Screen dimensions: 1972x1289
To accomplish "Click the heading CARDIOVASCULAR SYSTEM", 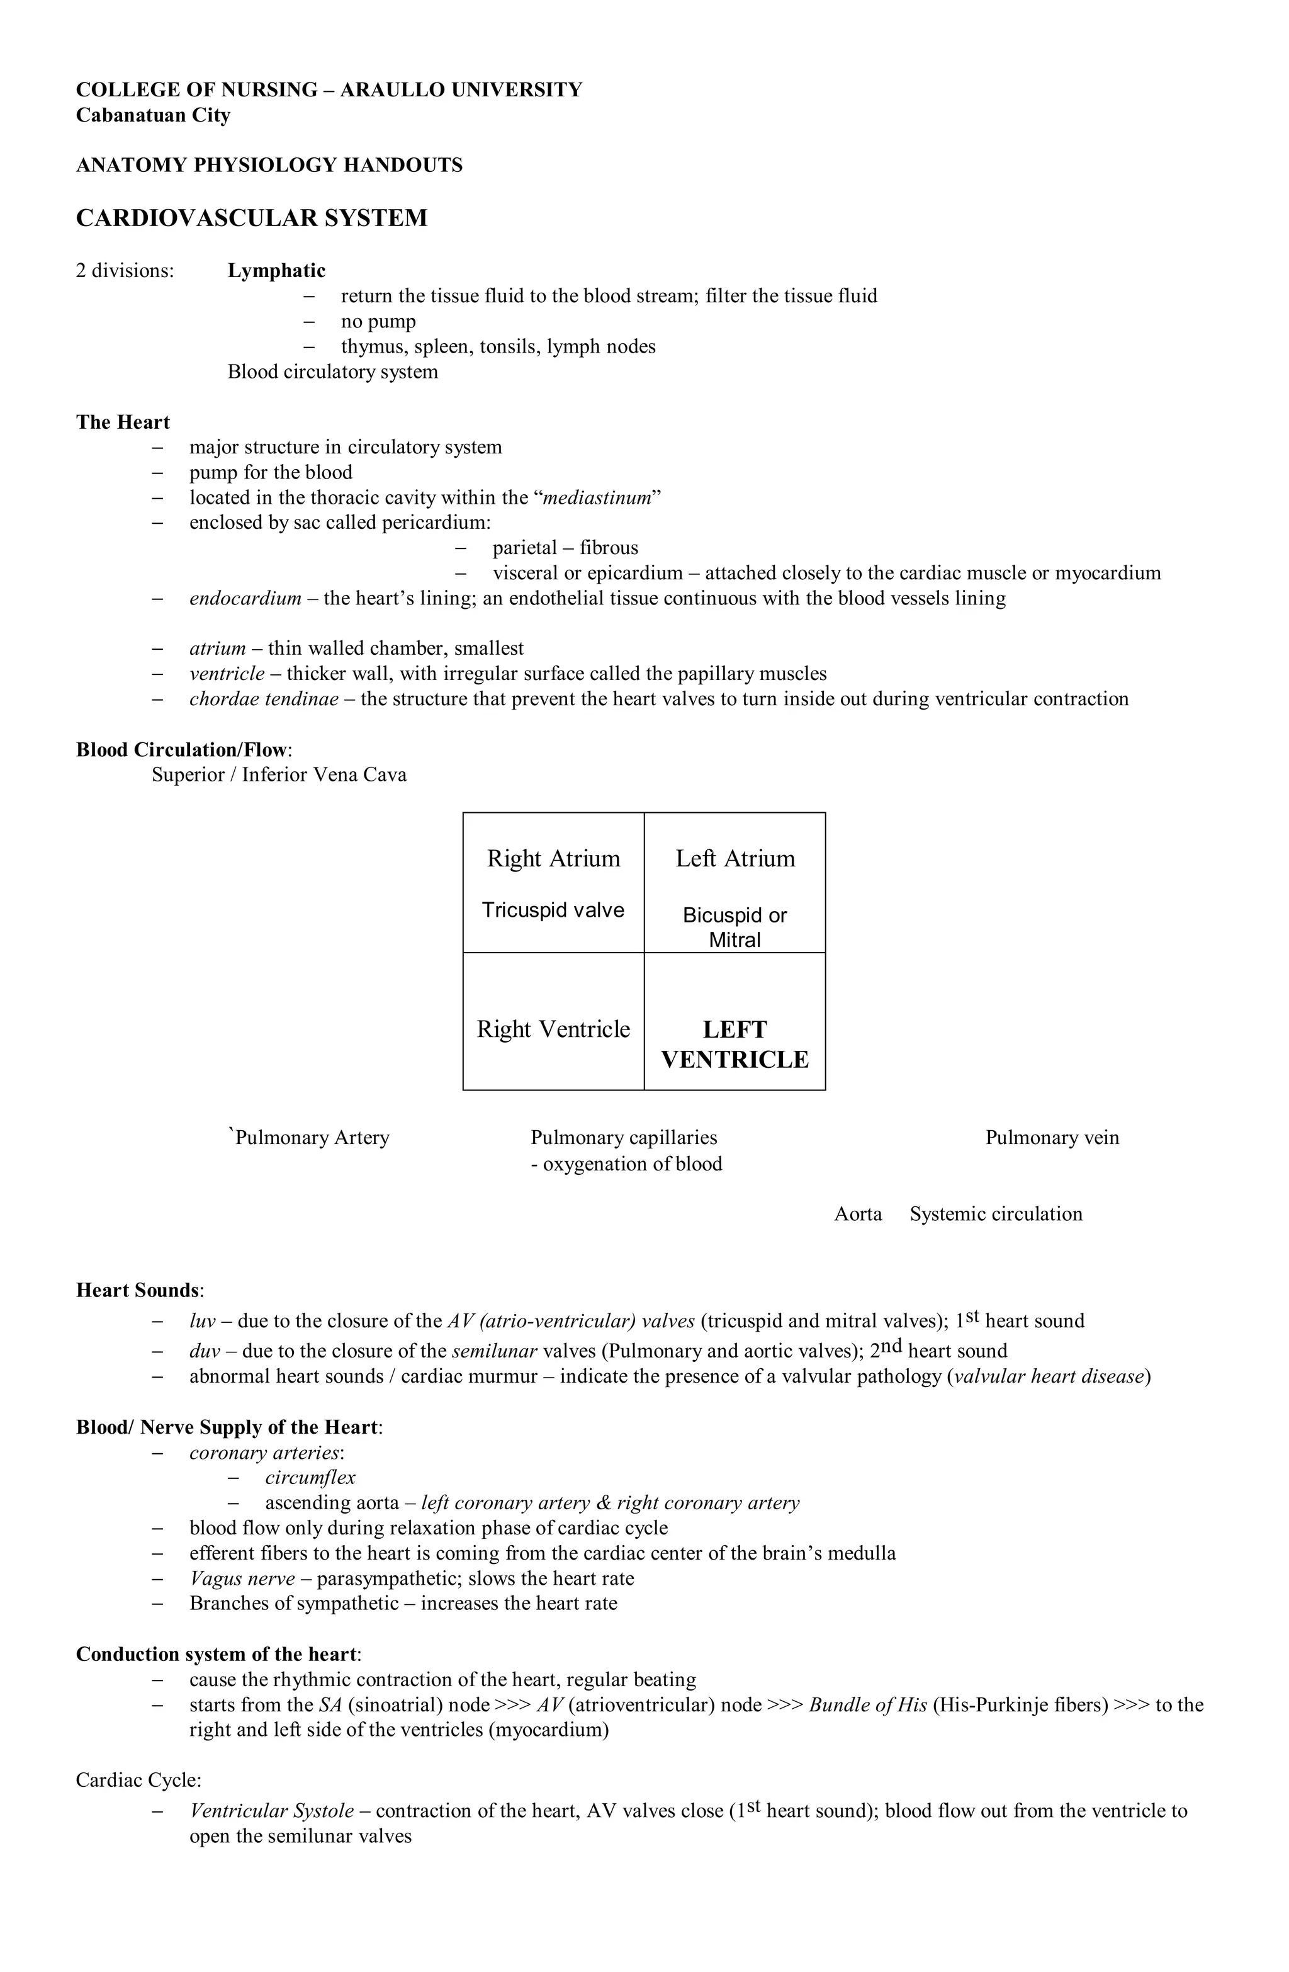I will coord(252,218).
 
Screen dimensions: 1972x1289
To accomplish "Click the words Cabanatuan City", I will coord(153,115).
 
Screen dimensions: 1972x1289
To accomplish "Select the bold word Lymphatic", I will coord(277,270).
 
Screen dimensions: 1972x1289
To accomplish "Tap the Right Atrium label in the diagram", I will coord(553,858).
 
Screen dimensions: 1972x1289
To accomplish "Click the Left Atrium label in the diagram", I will coord(735,858).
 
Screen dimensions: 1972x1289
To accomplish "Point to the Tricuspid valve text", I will coord(553,910).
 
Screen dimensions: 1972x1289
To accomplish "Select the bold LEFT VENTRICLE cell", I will coord(735,1044).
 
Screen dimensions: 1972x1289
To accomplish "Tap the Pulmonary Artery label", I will coord(312,1138).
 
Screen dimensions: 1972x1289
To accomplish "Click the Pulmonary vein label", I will coord(1052,1138).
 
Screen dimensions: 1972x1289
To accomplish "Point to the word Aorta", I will coord(858,1214).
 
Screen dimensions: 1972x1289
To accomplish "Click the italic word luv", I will coord(204,1321).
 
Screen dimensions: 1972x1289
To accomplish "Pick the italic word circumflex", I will coord(311,1477).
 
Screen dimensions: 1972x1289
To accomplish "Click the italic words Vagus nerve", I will coord(242,1578).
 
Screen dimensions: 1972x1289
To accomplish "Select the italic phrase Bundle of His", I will coord(867,1704).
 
